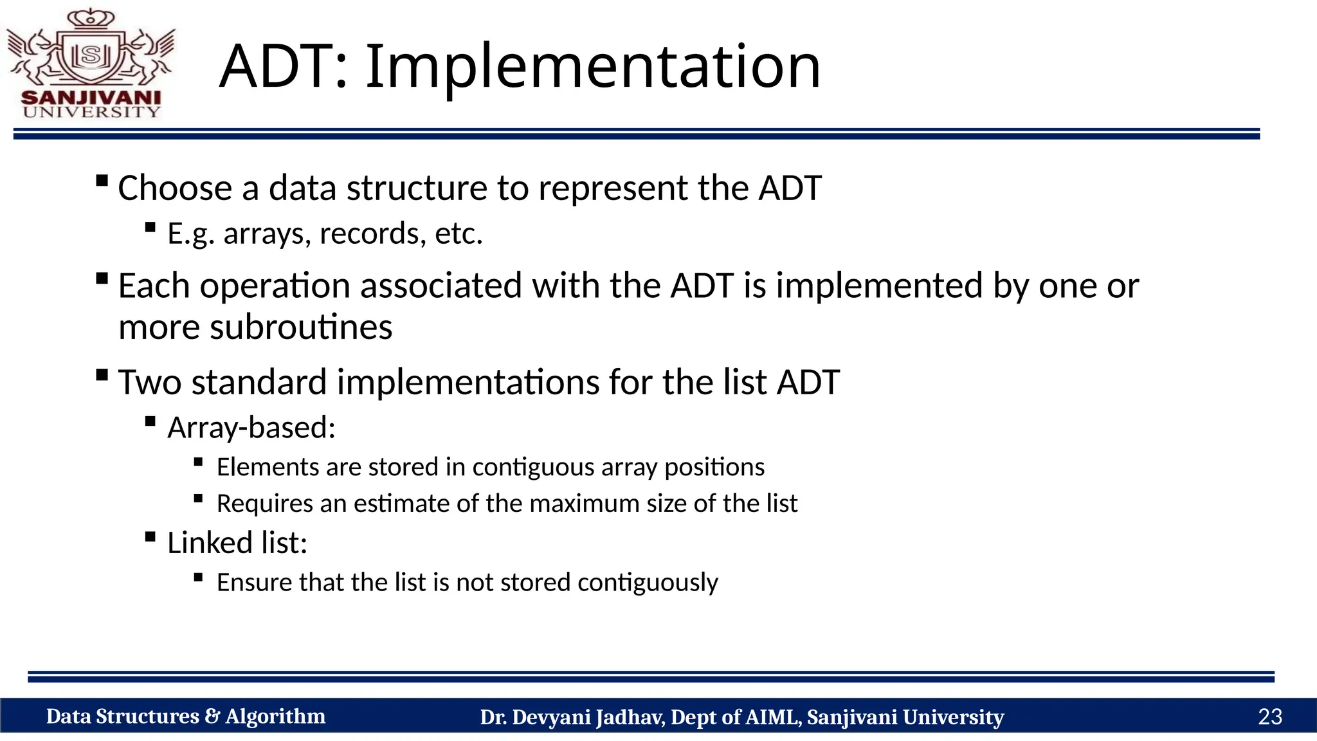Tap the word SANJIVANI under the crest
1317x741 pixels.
click(91, 98)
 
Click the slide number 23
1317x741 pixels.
click(1269, 717)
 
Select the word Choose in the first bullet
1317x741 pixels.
click(175, 188)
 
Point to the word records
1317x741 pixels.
click(372, 233)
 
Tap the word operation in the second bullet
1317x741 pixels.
click(275, 286)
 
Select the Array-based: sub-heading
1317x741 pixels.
click(251, 428)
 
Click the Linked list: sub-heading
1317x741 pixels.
click(237, 543)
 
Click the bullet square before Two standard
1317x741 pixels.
click(102, 375)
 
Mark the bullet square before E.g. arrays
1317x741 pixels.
click(150, 227)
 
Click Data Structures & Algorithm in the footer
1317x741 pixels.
click(185, 717)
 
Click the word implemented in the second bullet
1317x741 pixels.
click(879, 286)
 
